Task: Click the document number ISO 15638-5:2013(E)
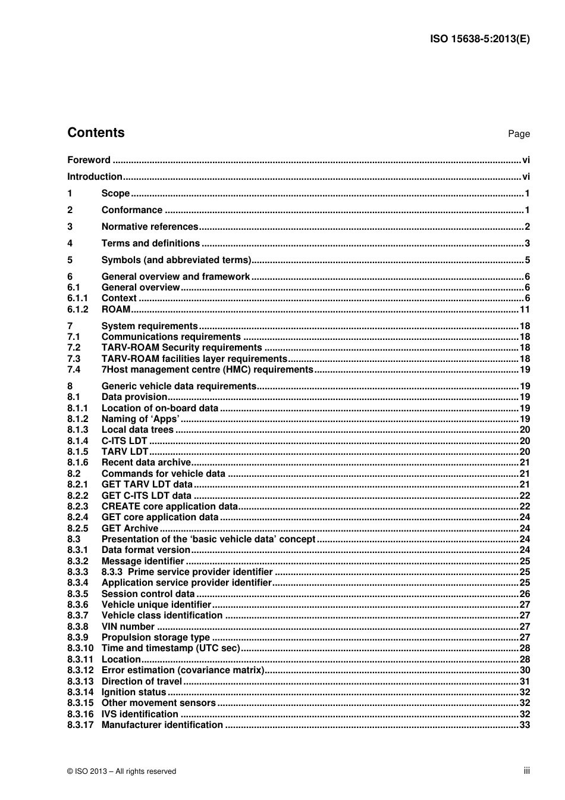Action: point(479,39)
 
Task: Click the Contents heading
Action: point(96,133)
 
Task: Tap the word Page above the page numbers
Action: point(519,134)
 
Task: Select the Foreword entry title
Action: point(89,160)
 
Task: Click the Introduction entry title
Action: point(95,176)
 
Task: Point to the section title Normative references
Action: point(149,226)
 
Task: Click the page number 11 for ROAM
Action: point(524,309)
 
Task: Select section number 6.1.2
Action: point(77,309)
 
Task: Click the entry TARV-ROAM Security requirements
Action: point(181,348)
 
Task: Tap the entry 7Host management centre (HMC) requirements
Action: point(207,370)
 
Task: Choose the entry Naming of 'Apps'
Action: point(140,419)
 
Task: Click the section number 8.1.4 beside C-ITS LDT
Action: point(77,441)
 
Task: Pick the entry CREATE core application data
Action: point(169,507)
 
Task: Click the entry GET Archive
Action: point(130,529)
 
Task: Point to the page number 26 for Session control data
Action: point(524,594)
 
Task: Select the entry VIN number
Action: point(128,627)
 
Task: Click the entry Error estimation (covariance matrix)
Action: point(183,670)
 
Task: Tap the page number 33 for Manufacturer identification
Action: point(524,725)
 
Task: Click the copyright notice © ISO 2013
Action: point(121,771)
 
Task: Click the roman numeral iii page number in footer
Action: point(526,771)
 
